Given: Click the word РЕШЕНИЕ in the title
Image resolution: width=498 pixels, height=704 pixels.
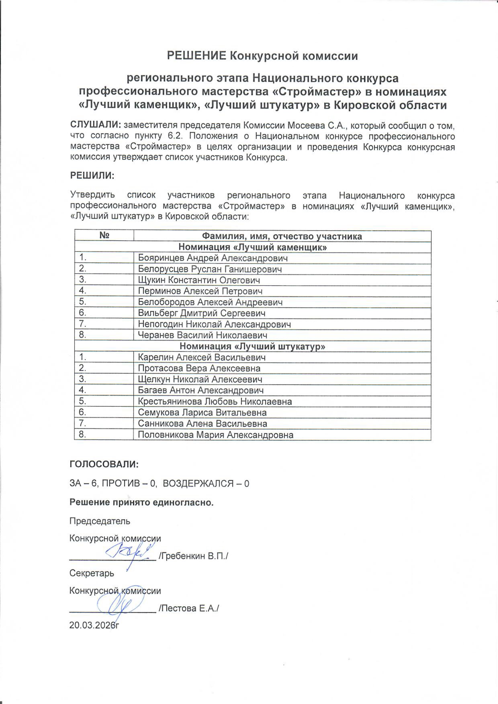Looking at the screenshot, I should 196,56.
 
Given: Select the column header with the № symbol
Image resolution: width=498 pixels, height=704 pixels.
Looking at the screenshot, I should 104,236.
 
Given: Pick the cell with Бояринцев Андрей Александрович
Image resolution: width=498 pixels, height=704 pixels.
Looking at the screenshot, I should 213,258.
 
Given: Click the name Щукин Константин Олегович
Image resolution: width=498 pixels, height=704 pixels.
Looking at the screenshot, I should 199,280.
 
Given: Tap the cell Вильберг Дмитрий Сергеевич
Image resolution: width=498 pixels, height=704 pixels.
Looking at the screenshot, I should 202,313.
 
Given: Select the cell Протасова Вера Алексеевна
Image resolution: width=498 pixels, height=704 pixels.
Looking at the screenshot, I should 199,368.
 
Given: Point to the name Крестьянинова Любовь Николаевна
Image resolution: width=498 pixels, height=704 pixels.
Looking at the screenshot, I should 215,401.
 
